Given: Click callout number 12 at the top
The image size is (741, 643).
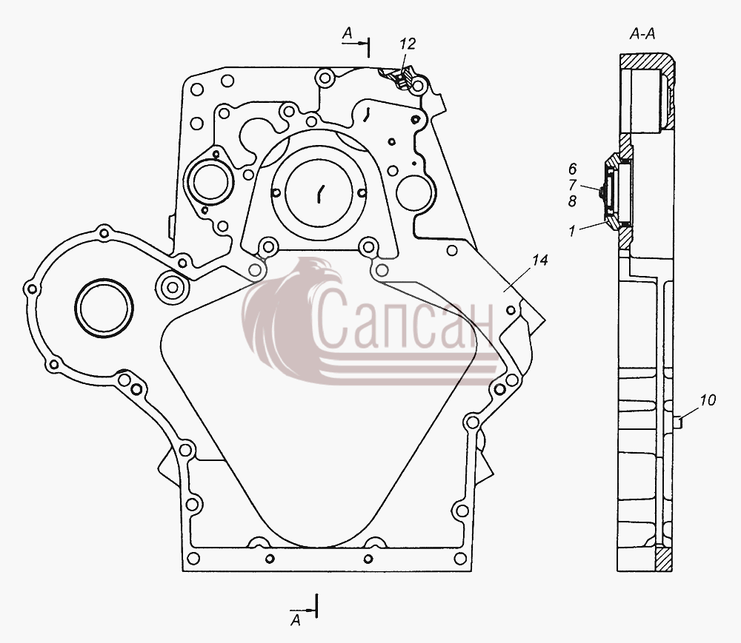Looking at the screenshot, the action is [x=408, y=44].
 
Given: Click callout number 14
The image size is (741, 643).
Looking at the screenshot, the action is [x=539, y=260].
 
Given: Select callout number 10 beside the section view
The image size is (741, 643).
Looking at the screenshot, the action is [x=708, y=400].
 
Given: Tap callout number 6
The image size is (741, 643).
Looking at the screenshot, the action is [x=572, y=169].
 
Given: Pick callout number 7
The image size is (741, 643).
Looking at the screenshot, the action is [x=572, y=184].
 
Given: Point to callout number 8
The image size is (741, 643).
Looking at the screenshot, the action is [x=572, y=201].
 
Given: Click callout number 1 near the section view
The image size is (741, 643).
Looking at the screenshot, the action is [x=572, y=231].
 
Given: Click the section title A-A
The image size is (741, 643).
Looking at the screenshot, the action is [x=642, y=34].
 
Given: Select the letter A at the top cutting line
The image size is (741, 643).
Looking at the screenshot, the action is [x=348, y=33].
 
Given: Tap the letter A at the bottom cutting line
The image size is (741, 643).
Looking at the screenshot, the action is [x=296, y=620].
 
